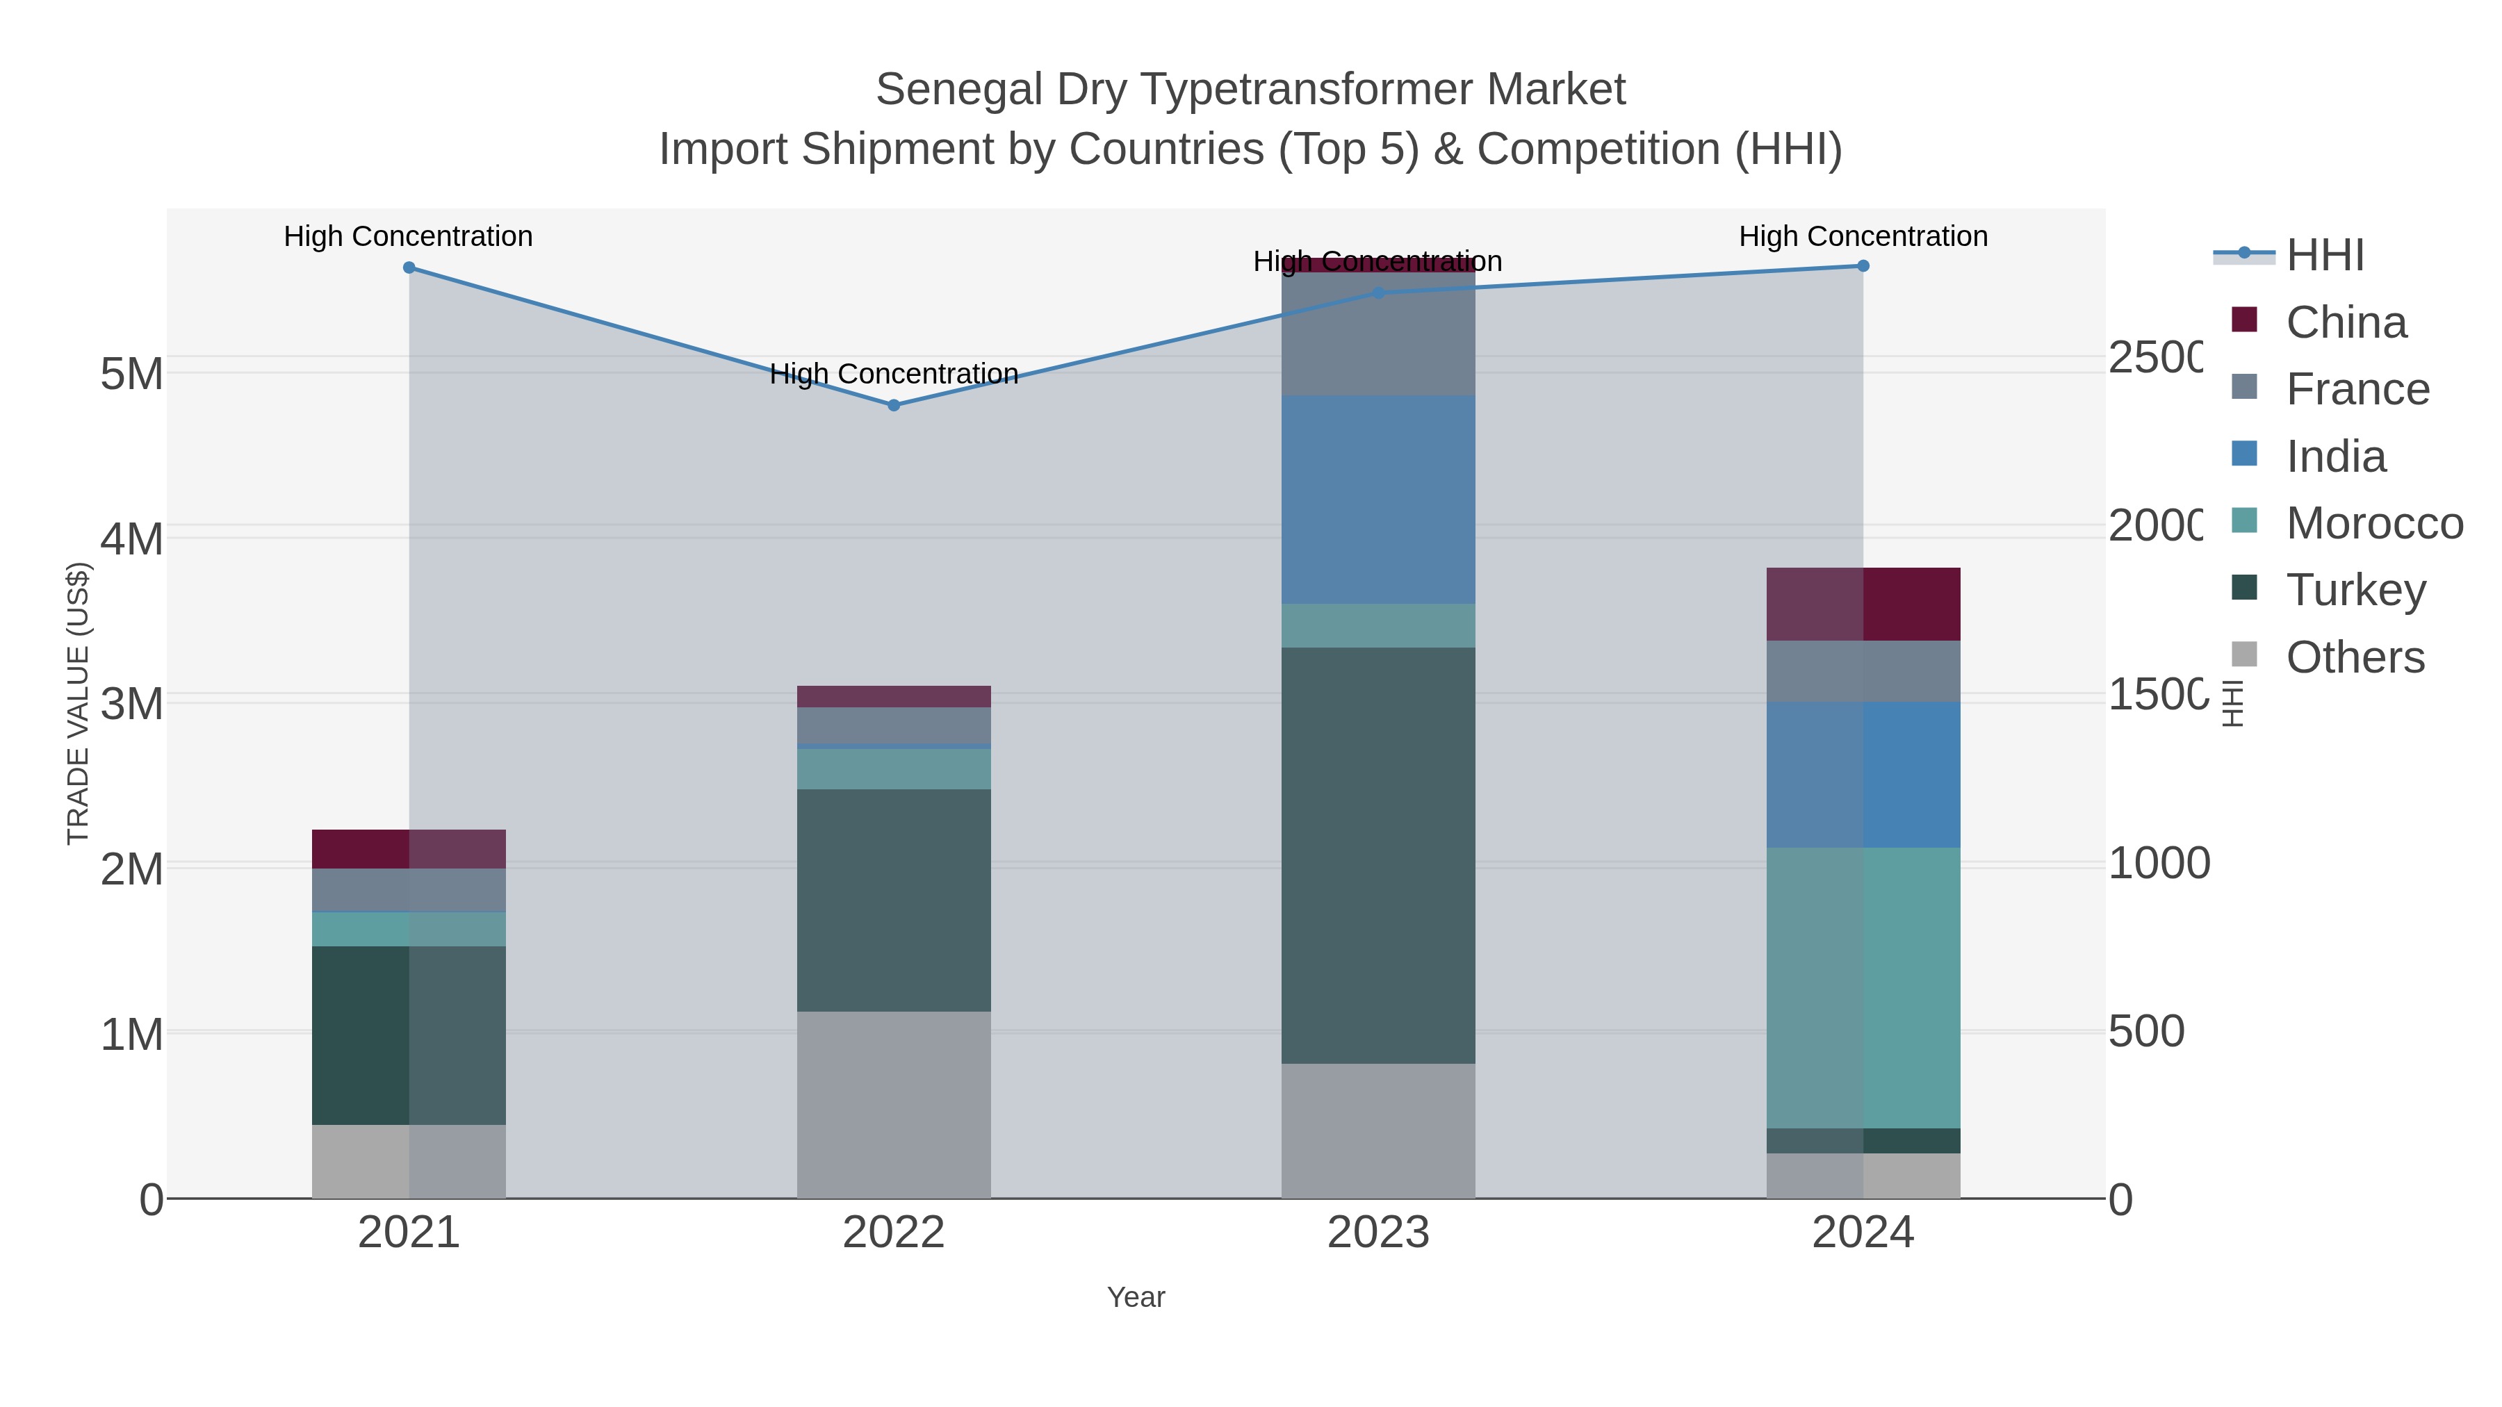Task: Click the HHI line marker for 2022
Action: (894, 405)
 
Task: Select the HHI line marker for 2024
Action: (1863, 266)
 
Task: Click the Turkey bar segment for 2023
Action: (1377, 855)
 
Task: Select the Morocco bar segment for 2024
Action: (1863, 987)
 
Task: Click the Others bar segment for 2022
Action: (894, 1104)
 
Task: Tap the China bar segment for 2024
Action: (1863, 603)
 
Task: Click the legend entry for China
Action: (2345, 322)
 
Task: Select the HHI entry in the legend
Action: (2323, 256)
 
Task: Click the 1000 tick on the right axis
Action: (2157, 863)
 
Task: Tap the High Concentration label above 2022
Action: (894, 374)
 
